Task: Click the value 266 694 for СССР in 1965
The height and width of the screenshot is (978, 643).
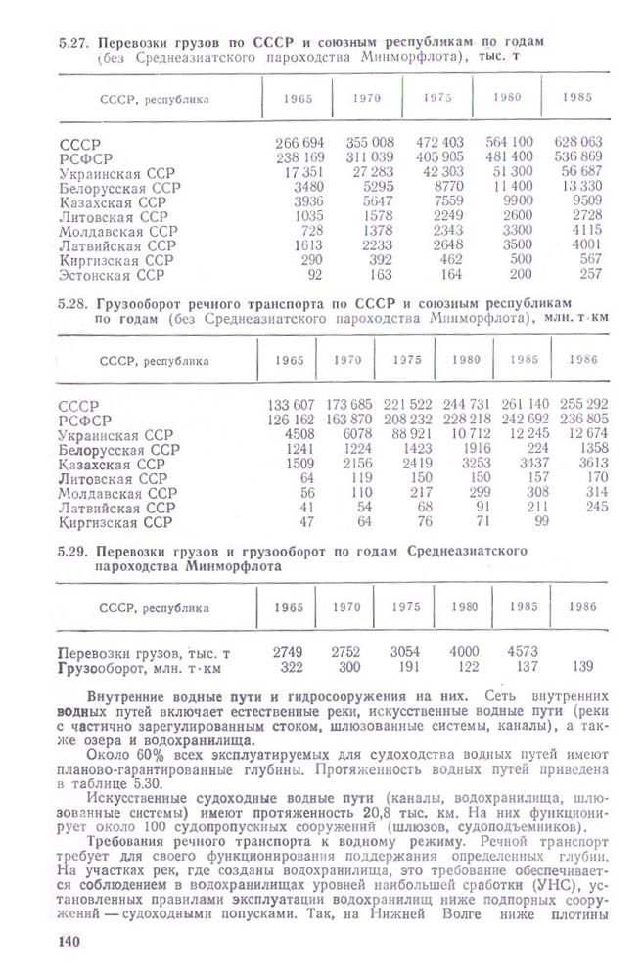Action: [x=299, y=143]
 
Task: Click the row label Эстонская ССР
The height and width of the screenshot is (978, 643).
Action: [x=110, y=276]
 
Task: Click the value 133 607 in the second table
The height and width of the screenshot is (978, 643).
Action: [x=291, y=405]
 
